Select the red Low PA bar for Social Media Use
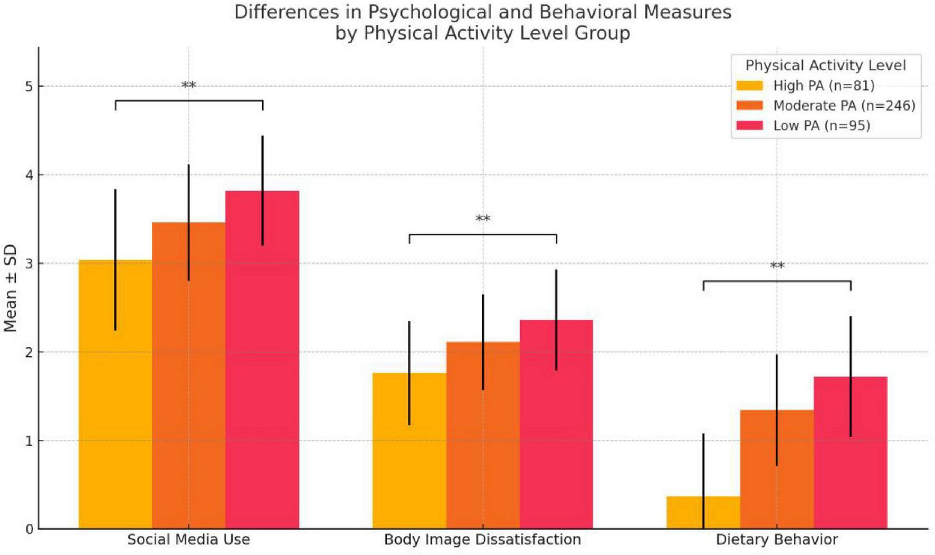280,370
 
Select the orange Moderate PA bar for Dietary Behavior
760,475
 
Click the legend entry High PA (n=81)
823,86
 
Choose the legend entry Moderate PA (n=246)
844,106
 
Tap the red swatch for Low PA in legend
749,126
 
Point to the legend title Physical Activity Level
825,65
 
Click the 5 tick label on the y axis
29,87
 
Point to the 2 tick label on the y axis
29,352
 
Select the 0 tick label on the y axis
29,529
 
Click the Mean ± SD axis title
11,288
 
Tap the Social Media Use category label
188,540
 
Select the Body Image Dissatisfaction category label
482,540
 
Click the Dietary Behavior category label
776,540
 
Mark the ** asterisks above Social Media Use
188,86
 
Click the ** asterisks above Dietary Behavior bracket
777,266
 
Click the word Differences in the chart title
279,12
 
